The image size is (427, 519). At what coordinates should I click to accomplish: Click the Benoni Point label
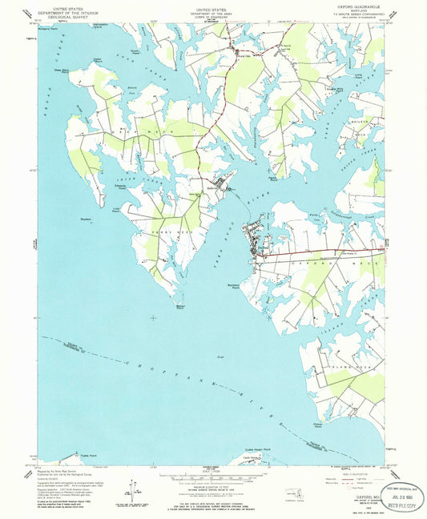180,305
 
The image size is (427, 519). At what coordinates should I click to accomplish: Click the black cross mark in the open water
153,318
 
